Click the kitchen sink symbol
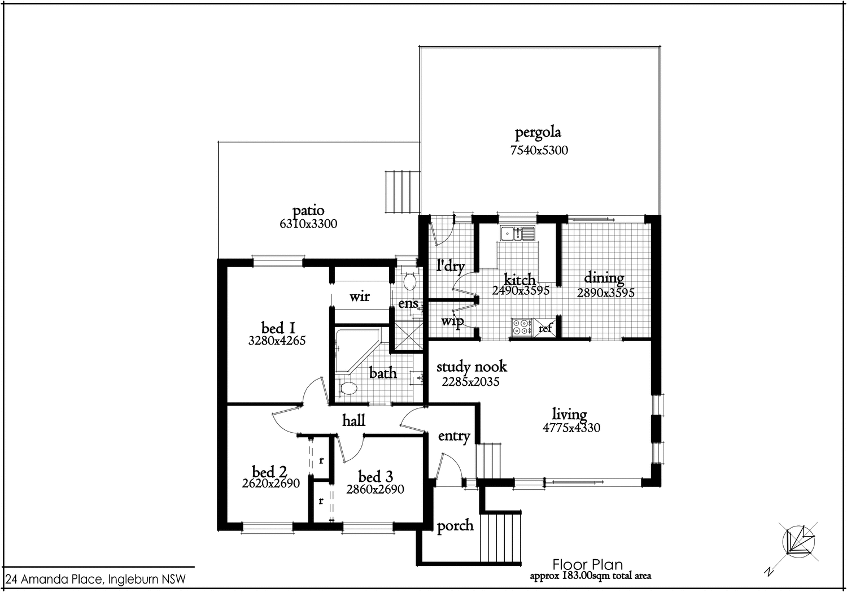pyautogui.click(x=517, y=233)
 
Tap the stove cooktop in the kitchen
pyautogui.click(x=522, y=327)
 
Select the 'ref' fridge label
pyautogui.click(x=545, y=328)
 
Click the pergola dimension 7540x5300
pyautogui.click(x=539, y=150)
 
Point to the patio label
pyautogui.click(x=308, y=211)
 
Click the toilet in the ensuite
pyautogui.click(x=411, y=281)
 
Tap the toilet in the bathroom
pyautogui.click(x=348, y=389)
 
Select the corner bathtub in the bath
pyautogui.click(x=353, y=350)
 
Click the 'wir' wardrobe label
pyautogui.click(x=359, y=296)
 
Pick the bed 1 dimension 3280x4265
pyautogui.click(x=277, y=341)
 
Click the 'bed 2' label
pyautogui.click(x=269, y=472)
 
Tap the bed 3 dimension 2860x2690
pyautogui.click(x=375, y=490)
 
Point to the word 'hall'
pyautogui.click(x=353, y=420)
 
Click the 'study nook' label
pyautogui.click(x=471, y=367)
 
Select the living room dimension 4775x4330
pyautogui.click(x=571, y=428)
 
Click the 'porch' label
pyautogui.click(x=455, y=526)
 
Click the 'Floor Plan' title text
pyautogui.click(x=587, y=564)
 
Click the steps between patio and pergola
pyautogui.click(x=402, y=190)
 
